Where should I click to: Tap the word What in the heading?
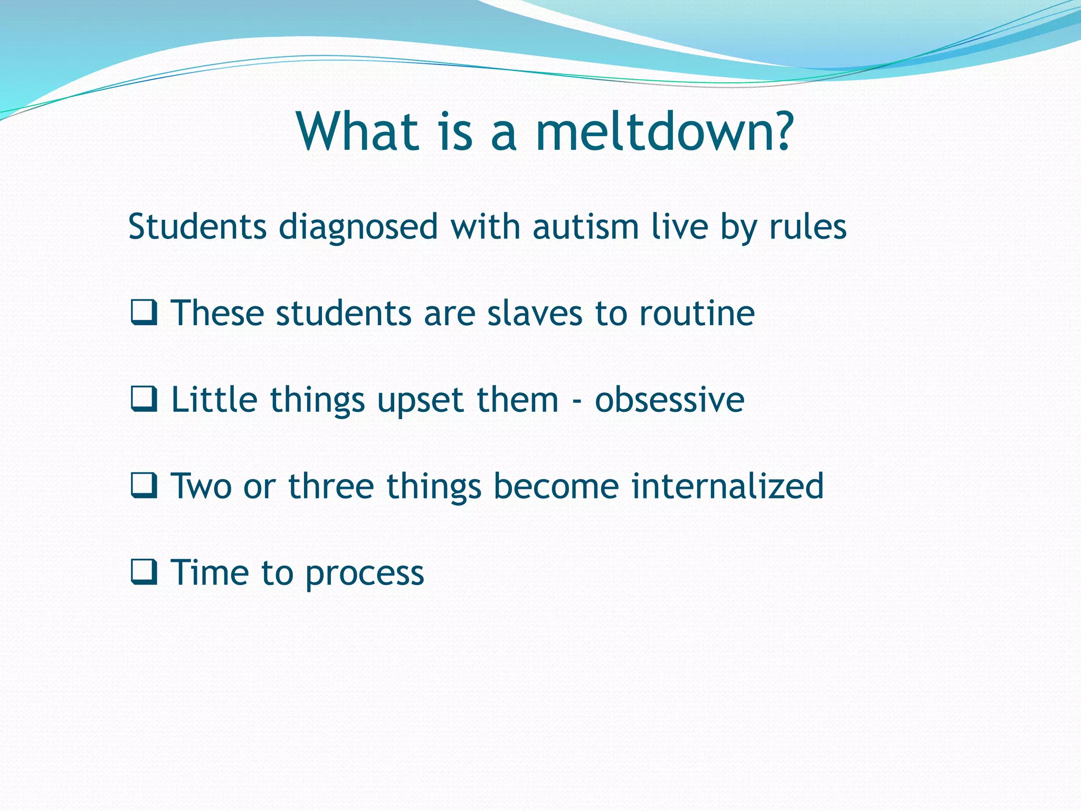click(358, 131)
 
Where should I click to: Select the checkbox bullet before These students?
click(144, 313)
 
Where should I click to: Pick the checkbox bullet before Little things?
click(144, 400)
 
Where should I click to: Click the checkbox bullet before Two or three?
click(144, 486)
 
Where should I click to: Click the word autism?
click(586, 227)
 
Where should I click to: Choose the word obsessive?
click(669, 400)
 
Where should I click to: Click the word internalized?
click(727, 486)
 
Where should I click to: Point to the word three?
click(331, 486)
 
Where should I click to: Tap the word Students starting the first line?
click(197, 227)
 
